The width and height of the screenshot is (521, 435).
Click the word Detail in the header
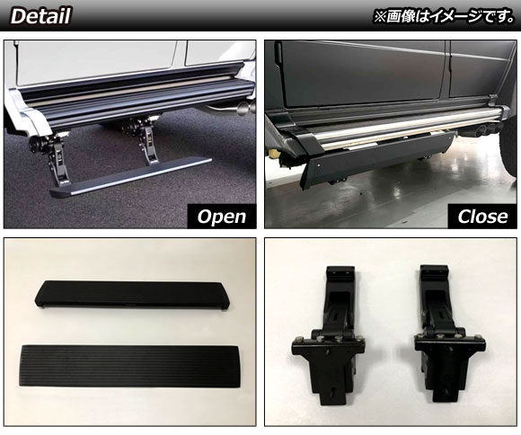point(41,16)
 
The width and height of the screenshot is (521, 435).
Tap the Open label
point(222,217)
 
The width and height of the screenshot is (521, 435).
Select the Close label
point(482,217)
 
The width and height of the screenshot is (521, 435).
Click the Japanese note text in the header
point(444,16)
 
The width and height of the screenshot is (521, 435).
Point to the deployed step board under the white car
point(131,178)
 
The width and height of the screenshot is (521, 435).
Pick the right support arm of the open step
point(144,141)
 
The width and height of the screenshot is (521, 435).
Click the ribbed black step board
point(129,366)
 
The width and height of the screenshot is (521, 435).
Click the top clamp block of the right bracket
point(435,273)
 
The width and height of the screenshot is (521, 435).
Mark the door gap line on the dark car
point(448,70)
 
